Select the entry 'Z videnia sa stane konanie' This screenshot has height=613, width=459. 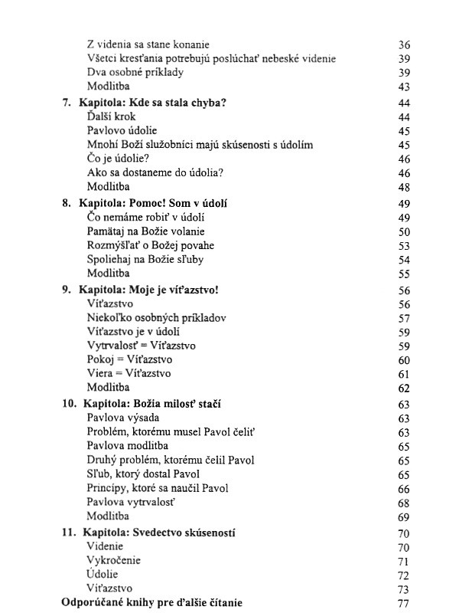(148, 44)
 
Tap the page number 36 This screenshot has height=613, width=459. (405, 45)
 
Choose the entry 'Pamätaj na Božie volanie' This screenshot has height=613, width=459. (146, 231)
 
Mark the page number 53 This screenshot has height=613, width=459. (405, 246)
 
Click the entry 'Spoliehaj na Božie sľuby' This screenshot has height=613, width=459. (145, 260)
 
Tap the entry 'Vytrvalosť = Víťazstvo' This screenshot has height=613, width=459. (142, 346)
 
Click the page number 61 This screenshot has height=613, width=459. (405, 374)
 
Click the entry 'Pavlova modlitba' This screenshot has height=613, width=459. (128, 446)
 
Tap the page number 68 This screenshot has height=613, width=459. (405, 503)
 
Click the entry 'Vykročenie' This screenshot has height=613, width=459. (114, 561)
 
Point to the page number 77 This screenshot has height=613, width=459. (405, 603)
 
